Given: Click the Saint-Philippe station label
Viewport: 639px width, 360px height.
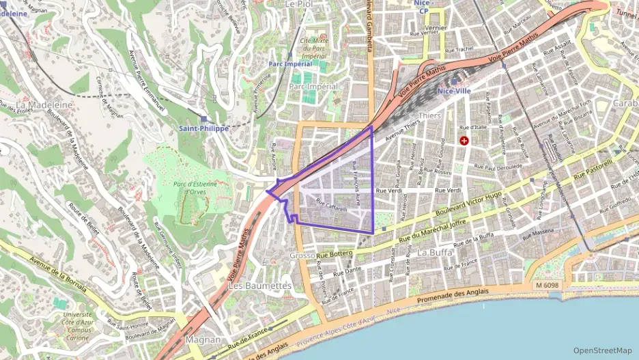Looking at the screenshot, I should pyautogui.click(x=203, y=128).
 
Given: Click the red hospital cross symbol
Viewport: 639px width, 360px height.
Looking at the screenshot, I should pyautogui.click(x=465, y=141).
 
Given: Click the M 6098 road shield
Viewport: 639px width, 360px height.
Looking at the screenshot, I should pyautogui.click(x=547, y=285).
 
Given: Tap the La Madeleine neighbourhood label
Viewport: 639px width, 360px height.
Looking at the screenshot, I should pyautogui.click(x=44, y=105).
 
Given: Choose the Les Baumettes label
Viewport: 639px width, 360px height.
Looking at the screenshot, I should pyautogui.click(x=260, y=285).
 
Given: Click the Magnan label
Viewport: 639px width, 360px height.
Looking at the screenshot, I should pyautogui.click(x=203, y=340).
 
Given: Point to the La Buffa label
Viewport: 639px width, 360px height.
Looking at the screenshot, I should pyautogui.click(x=435, y=252).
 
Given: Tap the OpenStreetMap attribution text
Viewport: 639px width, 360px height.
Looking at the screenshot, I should pyautogui.click(x=603, y=350).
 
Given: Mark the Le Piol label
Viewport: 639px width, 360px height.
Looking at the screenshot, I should pyautogui.click(x=298, y=4).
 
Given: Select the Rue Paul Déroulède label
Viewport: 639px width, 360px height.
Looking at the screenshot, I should pyautogui.click(x=498, y=166).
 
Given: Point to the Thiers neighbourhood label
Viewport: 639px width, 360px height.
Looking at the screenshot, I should pyautogui.click(x=429, y=116).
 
